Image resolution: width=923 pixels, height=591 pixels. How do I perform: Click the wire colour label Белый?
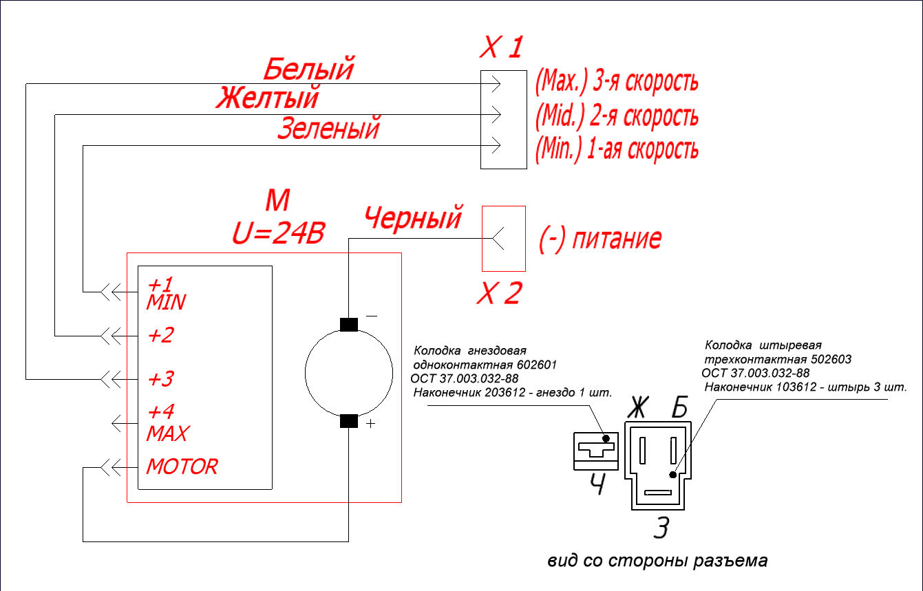(x=308, y=69)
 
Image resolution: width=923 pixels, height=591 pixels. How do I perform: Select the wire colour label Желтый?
(x=268, y=97)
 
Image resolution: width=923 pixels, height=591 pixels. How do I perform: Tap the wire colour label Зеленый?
(x=329, y=128)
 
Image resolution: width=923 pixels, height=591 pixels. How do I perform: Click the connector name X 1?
(x=502, y=47)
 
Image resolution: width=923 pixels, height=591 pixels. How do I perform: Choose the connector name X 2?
(x=500, y=293)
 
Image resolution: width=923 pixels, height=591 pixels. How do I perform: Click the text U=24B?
(x=279, y=233)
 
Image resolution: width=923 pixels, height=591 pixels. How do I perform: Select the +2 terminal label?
(x=160, y=335)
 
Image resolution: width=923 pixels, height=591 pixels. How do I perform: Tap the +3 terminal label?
(x=160, y=379)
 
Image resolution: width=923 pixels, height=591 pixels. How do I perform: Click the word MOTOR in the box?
(x=182, y=466)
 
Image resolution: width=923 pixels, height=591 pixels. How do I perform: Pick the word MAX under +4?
(x=168, y=433)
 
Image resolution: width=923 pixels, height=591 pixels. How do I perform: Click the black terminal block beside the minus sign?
(x=348, y=325)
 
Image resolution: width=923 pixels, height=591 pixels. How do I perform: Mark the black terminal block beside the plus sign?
(x=348, y=421)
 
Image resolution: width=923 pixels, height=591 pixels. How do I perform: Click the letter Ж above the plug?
(x=638, y=407)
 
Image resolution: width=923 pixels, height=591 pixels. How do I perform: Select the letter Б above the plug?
(x=680, y=407)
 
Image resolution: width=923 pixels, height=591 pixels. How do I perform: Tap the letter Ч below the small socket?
(x=597, y=484)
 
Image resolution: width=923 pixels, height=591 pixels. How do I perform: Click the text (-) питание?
(x=600, y=239)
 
